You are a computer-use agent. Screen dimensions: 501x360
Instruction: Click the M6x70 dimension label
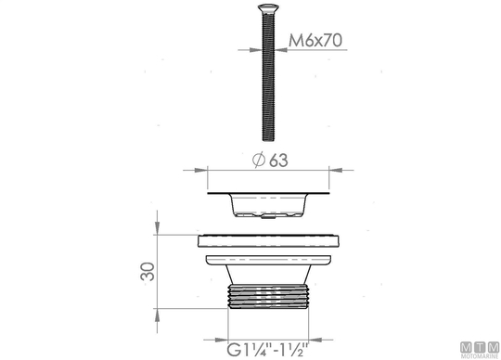pyautogui.click(x=315, y=40)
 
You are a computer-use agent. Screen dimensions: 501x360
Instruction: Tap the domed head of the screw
pyautogui.click(x=268, y=7)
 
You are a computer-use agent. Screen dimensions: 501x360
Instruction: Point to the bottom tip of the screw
pyautogui.click(x=268, y=139)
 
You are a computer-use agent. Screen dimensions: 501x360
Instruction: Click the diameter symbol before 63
pyautogui.click(x=259, y=160)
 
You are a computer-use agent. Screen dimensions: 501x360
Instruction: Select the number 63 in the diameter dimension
pyautogui.click(x=278, y=161)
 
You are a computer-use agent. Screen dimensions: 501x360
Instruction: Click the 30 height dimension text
pyautogui.click(x=148, y=272)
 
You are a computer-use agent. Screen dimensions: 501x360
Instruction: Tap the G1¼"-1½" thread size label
pyautogui.click(x=268, y=350)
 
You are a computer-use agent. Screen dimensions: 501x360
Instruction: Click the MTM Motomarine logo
pyautogui.click(x=480, y=351)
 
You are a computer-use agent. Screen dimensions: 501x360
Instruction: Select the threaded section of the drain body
pyautogui.click(x=268, y=297)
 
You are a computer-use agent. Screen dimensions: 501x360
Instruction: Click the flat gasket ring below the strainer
pyautogui.click(x=268, y=241)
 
